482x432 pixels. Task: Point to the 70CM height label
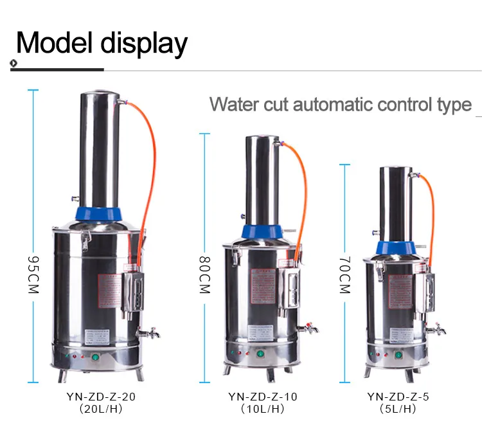tap(344, 274)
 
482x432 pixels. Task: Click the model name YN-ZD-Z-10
tap(263, 397)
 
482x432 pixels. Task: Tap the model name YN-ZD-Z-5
tap(398, 397)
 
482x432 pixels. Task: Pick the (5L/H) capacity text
tap(398, 409)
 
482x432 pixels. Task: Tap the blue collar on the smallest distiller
tap(395, 248)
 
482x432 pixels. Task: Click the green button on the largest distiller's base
tap(96, 358)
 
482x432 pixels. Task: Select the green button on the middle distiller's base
tap(261, 354)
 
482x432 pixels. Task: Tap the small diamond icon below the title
tap(13, 62)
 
